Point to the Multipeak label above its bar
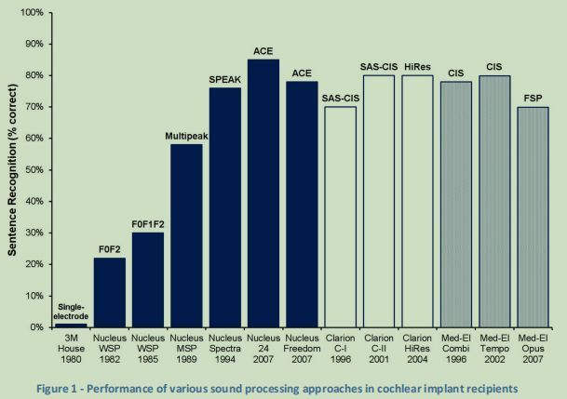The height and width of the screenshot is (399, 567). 187,136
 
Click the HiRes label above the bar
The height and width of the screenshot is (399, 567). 417,66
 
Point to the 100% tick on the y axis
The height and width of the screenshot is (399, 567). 33,13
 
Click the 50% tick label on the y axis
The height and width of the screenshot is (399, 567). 34,170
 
